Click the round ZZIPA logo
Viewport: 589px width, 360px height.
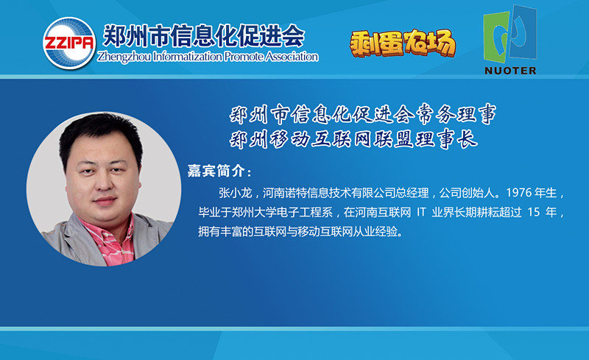click(69, 43)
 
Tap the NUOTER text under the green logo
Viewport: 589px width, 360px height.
click(510, 71)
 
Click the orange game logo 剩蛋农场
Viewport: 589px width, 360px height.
click(403, 43)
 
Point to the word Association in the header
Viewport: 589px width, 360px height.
click(292, 57)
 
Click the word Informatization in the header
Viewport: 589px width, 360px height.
click(188, 57)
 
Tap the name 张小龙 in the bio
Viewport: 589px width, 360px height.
click(235, 193)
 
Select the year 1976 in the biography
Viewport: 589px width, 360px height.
click(519, 193)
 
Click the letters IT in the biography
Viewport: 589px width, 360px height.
click(421, 212)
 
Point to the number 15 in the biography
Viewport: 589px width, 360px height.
click(533, 212)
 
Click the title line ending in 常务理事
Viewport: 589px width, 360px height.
click(363, 114)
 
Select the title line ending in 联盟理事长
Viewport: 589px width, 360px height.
click(353, 139)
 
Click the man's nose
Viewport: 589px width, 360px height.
click(104, 183)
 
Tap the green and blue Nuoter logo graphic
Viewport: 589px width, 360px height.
click(509, 35)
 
